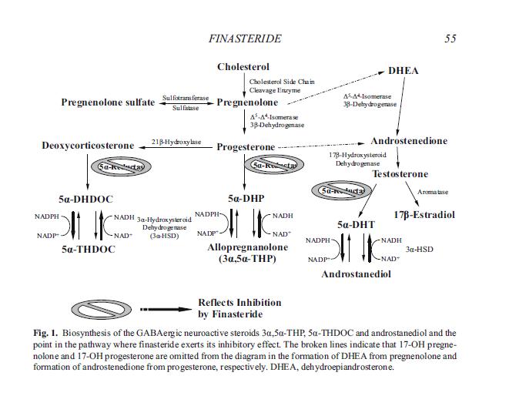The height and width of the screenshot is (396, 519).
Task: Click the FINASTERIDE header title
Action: pyautogui.click(x=245, y=38)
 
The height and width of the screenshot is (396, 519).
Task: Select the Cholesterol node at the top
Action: pyautogui.click(x=243, y=67)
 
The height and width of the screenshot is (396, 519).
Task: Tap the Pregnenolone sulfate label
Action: pyautogui.click(x=107, y=102)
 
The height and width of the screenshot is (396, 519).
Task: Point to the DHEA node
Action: pyautogui.click(x=403, y=71)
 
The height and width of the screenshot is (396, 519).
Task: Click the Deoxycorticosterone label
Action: pyautogui.click(x=87, y=146)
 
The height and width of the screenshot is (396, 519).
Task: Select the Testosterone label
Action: pyautogui.click(x=400, y=174)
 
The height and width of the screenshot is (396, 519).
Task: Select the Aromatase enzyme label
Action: pyautogui.click(x=432, y=192)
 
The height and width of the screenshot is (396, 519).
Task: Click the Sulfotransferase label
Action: pyautogui.click(x=186, y=99)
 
